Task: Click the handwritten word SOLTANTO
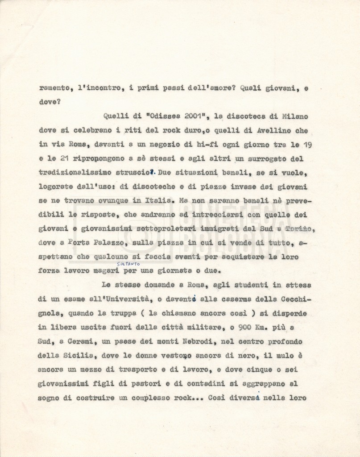coord(128,264)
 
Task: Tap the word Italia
coord(157,201)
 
